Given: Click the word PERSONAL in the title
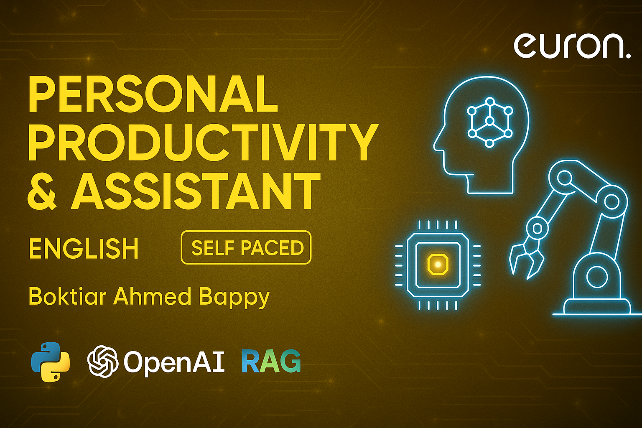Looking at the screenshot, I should coord(153,94).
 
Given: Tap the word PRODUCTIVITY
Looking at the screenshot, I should coord(203,143).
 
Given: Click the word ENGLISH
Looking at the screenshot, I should coord(84,249).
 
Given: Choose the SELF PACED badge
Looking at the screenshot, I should coord(246,248).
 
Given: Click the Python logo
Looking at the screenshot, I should coord(51,362).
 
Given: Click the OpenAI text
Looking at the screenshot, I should coord(174,361).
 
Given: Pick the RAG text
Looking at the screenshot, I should coord(271,361).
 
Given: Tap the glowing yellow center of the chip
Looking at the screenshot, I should coord(438,264).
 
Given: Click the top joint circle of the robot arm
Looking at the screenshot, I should coord(565,178).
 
